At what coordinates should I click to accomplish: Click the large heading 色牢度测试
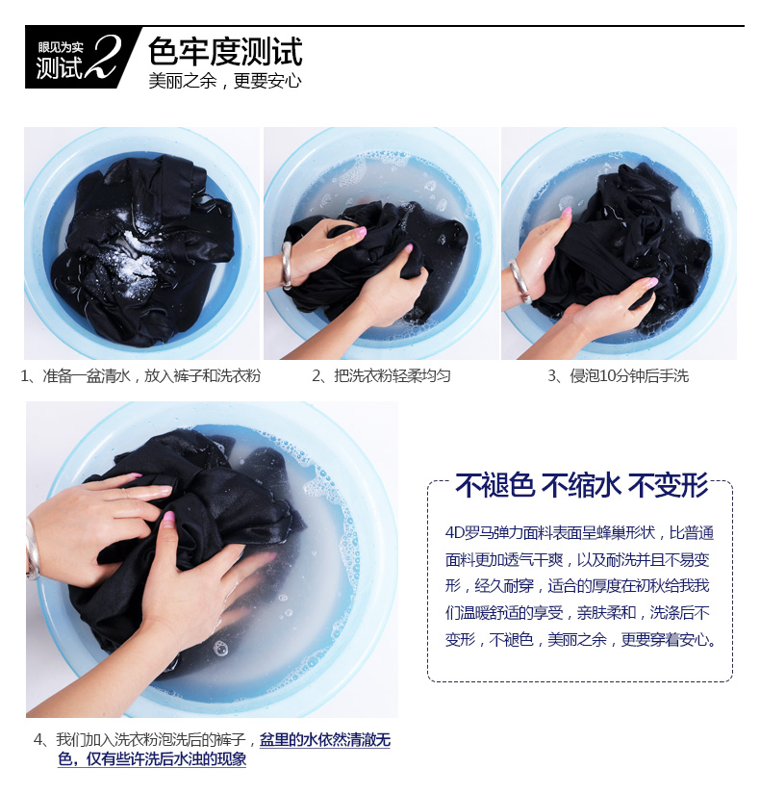tap(225, 52)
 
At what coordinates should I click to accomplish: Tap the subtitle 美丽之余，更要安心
tap(225, 81)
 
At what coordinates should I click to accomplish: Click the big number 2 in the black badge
tap(104, 57)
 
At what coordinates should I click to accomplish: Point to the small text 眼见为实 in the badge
tap(61, 47)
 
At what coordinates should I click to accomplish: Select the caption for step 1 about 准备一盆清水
tap(140, 375)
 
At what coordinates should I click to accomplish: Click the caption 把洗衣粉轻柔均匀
tap(381, 375)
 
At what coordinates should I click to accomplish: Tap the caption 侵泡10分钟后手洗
tap(618, 375)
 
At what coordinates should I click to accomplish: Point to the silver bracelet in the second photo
tap(287, 266)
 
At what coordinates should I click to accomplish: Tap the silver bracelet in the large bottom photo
tap(33, 549)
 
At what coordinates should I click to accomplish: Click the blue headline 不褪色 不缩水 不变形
tap(581, 485)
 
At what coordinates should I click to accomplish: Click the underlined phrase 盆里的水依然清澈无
tap(325, 740)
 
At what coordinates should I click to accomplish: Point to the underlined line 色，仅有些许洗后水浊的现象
tap(152, 759)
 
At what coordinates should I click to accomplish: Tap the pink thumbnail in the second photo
tap(360, 232)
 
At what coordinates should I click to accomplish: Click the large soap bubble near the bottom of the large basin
tap(220, 647)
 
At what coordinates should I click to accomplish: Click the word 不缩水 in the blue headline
tap(581, 485)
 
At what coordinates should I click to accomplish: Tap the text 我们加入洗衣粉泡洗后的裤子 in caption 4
tap(151, 740)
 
